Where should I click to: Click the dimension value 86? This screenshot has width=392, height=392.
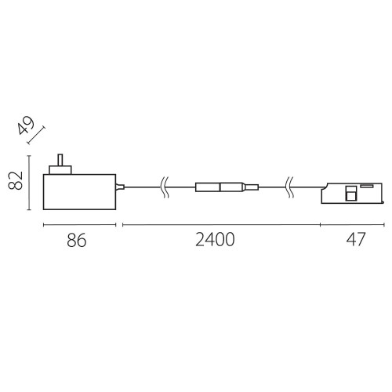75,241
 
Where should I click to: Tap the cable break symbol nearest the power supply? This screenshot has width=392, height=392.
163,187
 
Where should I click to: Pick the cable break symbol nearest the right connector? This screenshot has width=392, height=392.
291,187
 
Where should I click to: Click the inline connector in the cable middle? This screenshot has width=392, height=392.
221,187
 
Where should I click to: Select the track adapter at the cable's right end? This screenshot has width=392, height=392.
350,193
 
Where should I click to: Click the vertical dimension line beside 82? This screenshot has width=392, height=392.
30,183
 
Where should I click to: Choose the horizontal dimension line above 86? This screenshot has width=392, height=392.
78,224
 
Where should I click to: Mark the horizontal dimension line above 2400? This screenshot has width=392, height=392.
220,224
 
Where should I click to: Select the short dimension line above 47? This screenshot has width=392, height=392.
351,224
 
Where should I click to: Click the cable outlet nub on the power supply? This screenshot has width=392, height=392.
120,187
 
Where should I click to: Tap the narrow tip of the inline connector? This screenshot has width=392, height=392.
252,187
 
